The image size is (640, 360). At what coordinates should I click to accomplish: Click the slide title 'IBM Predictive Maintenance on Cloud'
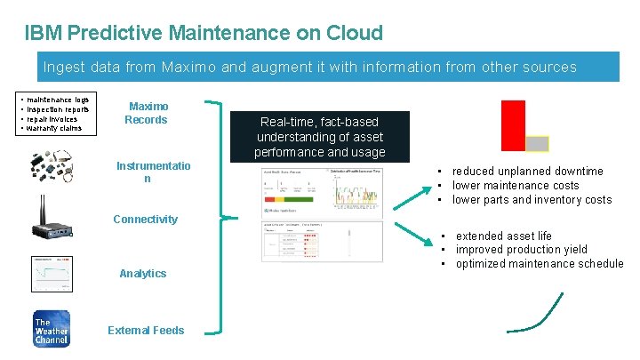point(204,34)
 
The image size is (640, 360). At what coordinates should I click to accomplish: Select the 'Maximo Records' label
point(147,113)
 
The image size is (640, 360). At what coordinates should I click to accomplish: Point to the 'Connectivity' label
point(144,219)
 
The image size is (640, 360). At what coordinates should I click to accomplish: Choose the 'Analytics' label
point(143,274)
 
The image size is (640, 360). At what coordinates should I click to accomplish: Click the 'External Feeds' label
point(146,331)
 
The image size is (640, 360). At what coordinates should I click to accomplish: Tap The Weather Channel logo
point(50,328)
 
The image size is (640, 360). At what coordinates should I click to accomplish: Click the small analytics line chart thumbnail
point(50,273)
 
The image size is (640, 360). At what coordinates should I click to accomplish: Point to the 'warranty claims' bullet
point(55,128)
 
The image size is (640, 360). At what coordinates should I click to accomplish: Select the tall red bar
point(513,125)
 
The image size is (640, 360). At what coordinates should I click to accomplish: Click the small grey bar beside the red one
point(537,143)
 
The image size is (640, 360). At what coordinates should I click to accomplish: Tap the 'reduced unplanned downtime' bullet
point(527,171)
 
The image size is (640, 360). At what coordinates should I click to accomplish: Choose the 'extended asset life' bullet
point(503,236)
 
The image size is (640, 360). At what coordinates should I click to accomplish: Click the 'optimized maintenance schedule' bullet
point(540,264)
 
